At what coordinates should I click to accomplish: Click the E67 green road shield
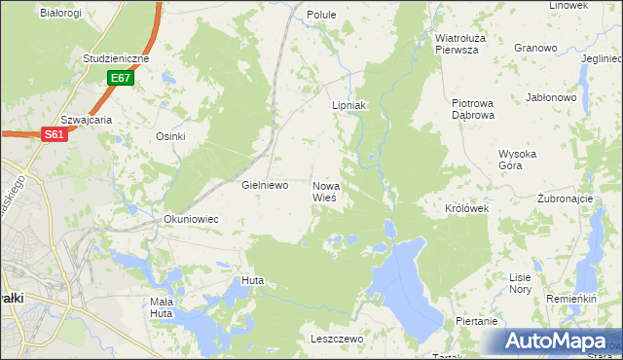(121, 78)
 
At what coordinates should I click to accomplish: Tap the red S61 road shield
(54, 136)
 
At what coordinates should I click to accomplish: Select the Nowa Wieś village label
(326, 191)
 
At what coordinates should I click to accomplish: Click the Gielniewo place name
(265, 185)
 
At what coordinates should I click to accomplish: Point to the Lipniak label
(348, 105)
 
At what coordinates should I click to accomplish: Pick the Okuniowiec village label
(191, 220)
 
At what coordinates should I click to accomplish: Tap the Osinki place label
(170, 136)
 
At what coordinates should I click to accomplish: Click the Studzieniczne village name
(115, 58)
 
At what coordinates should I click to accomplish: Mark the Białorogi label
(60, 13)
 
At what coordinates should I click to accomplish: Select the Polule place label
(321, 16)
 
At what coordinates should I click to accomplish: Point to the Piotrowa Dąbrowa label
(474, 108)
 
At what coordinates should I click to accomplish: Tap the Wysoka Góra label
(525, 160)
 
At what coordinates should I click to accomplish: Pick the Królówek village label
(466, 209)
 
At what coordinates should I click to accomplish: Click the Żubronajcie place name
(565, 198)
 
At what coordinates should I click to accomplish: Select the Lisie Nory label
(521, 283)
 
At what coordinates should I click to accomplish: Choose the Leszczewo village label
(336, 339)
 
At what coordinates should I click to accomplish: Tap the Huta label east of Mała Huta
(253, 281)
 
